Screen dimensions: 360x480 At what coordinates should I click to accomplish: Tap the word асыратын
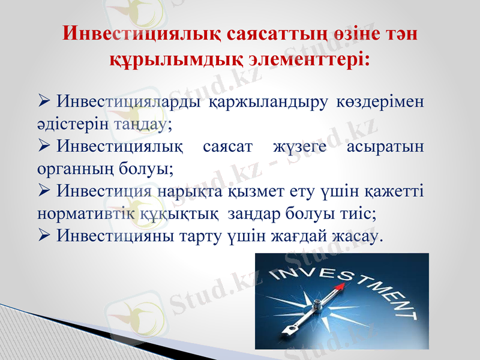point(386,147)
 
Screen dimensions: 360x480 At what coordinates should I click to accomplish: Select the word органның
point(74,170)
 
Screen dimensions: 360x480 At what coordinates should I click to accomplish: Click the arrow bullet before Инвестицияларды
point(43,102)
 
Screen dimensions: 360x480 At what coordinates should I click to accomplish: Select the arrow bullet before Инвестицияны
point(43,236)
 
